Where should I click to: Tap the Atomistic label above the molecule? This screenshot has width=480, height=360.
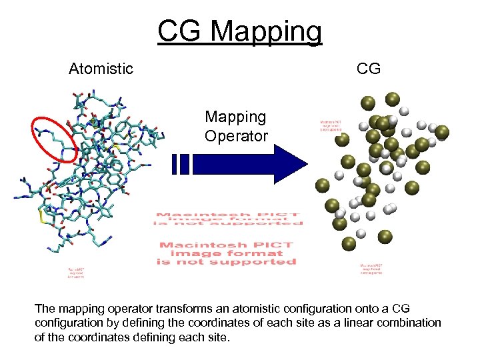(x=101, y=69)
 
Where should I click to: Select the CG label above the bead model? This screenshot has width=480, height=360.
(x=369, y=69)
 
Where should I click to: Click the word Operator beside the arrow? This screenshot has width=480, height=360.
(x=236, y=137)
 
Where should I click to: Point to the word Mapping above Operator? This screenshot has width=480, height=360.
(x=236, y=117)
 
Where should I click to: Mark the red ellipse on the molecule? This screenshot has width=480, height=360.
(x=55, y=139)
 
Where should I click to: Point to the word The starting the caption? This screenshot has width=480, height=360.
(x=45, y=309)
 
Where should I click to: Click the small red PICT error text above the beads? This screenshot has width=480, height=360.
(x=331, y=126)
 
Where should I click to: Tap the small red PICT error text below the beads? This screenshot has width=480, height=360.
(x=371, y=268)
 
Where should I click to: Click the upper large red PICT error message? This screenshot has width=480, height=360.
(x=227, y=221)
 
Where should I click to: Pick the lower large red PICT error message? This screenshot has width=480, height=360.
(x=227, y=253)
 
